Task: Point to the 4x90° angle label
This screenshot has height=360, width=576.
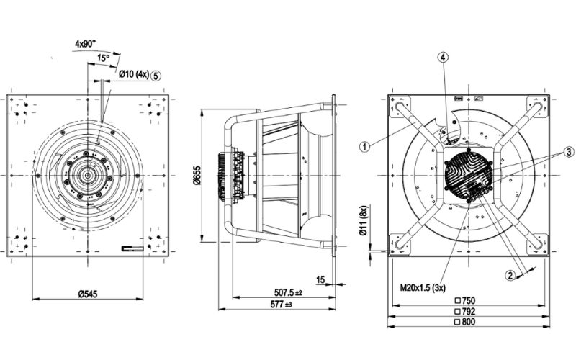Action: [x=86, y=43]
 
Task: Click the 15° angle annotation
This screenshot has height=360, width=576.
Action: [x=103, y=58]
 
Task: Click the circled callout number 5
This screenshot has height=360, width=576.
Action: [x=156, y=74]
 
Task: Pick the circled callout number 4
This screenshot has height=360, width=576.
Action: [x=444, y=57]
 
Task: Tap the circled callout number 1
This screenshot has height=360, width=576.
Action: [x=365, y=145]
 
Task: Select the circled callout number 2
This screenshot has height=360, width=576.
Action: [x=510, y=274]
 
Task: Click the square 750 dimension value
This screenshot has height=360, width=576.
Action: [x=466, y=300]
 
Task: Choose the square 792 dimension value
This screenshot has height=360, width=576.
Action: [x=466, y=312]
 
